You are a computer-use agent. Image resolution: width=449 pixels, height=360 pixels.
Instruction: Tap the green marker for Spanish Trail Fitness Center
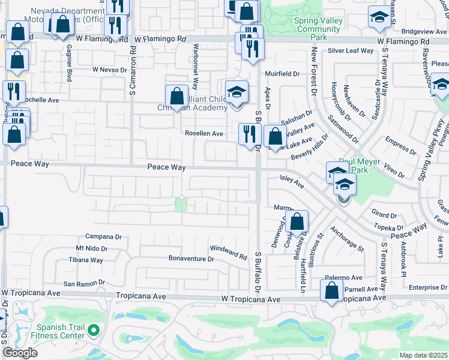[93, 329]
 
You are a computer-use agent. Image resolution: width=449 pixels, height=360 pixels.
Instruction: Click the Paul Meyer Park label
[360, 166]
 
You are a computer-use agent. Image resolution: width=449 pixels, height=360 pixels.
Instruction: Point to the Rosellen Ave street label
[204, 134]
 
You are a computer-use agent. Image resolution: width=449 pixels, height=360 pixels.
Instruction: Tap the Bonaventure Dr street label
[191, 259]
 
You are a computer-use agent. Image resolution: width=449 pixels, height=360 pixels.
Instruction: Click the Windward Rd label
[228, 253]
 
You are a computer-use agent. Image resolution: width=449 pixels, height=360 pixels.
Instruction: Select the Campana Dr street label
[103, 236]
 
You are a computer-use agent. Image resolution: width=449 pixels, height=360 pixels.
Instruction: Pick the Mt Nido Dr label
[92, 248]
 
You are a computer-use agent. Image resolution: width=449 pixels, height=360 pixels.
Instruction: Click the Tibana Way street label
[86, 260]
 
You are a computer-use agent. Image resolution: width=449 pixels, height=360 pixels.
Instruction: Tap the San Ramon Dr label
[84, 282]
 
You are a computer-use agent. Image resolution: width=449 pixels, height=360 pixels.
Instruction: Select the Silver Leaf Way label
[351, 52]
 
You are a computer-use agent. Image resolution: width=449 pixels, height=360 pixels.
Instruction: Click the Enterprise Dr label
[429, 288]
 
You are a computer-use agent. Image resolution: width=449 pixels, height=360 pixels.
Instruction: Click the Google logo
[20, 353]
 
